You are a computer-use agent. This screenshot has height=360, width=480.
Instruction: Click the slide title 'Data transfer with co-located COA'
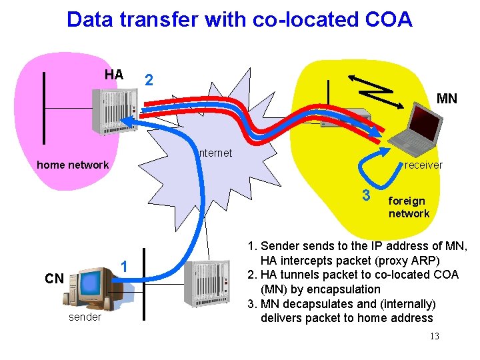[x=239, y=19]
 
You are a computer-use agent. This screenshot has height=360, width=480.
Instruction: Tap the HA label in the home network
[x=114, y=75]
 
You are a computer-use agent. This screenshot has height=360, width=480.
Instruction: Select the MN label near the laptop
[x=446, y=99]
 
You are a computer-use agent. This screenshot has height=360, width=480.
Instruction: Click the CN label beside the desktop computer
[x=54, y=278]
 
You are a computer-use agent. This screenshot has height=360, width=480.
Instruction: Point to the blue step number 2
[x=149, y=80]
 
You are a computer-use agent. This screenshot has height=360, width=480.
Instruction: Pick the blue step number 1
[x=123, y=267]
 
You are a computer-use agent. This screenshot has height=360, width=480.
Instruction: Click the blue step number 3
[x=365, y=195]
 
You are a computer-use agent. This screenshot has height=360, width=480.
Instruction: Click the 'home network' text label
[x=73, y=165]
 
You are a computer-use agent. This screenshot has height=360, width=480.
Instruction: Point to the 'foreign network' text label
[x=409, y=207]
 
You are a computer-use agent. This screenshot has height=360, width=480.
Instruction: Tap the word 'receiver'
[x=423, y=165]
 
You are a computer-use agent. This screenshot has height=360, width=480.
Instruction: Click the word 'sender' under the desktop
[x=85, y=317]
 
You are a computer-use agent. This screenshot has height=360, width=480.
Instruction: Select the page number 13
[x=434, y=336]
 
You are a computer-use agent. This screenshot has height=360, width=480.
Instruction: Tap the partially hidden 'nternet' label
[x=215, y=153]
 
